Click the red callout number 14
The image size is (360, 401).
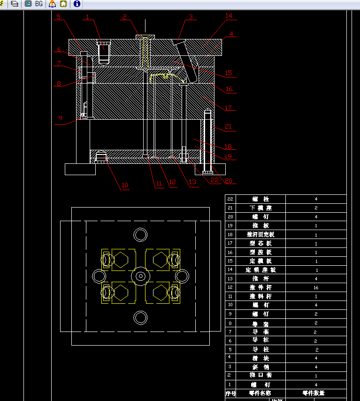[229, 15]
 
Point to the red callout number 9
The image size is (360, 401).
[60, 118]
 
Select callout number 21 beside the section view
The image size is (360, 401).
[228, 126]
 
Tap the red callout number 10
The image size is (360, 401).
[124, 185]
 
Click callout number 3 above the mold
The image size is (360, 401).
[191, 17]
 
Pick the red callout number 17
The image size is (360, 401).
[228, 108]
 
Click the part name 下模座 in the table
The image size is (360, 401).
[261, 208]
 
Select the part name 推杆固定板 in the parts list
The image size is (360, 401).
[261, 234]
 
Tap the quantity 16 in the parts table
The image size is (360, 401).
[316, 287]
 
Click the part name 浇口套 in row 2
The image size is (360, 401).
[261, 375]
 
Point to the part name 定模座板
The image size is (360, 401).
[261, 270]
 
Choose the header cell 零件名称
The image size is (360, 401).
[261, 393]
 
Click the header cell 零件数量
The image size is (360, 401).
[315, 393]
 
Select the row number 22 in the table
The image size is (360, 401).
[230, 199]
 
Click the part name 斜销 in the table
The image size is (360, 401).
[261, 367]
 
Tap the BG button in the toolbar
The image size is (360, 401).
[38, 4]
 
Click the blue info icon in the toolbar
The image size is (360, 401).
[77, 4]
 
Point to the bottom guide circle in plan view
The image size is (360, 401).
[140, 317]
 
